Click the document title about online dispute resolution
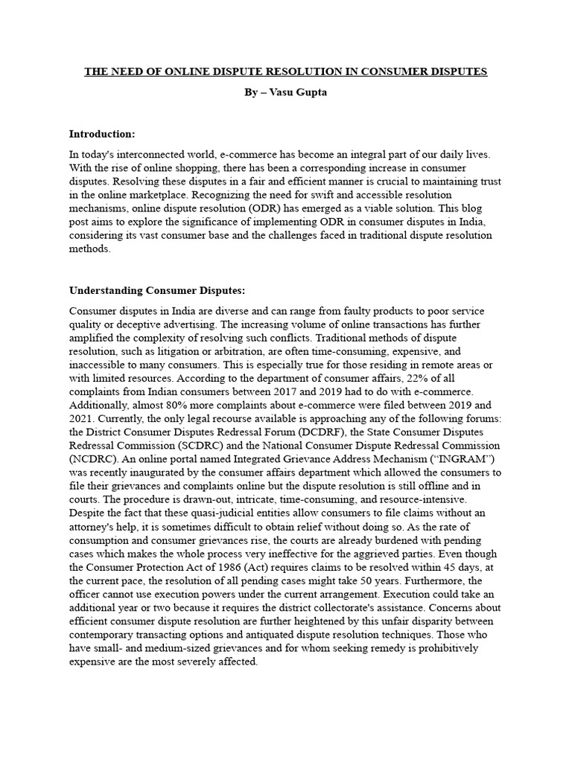(285, 71)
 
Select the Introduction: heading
(102, 134)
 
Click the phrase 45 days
(463, 566)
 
